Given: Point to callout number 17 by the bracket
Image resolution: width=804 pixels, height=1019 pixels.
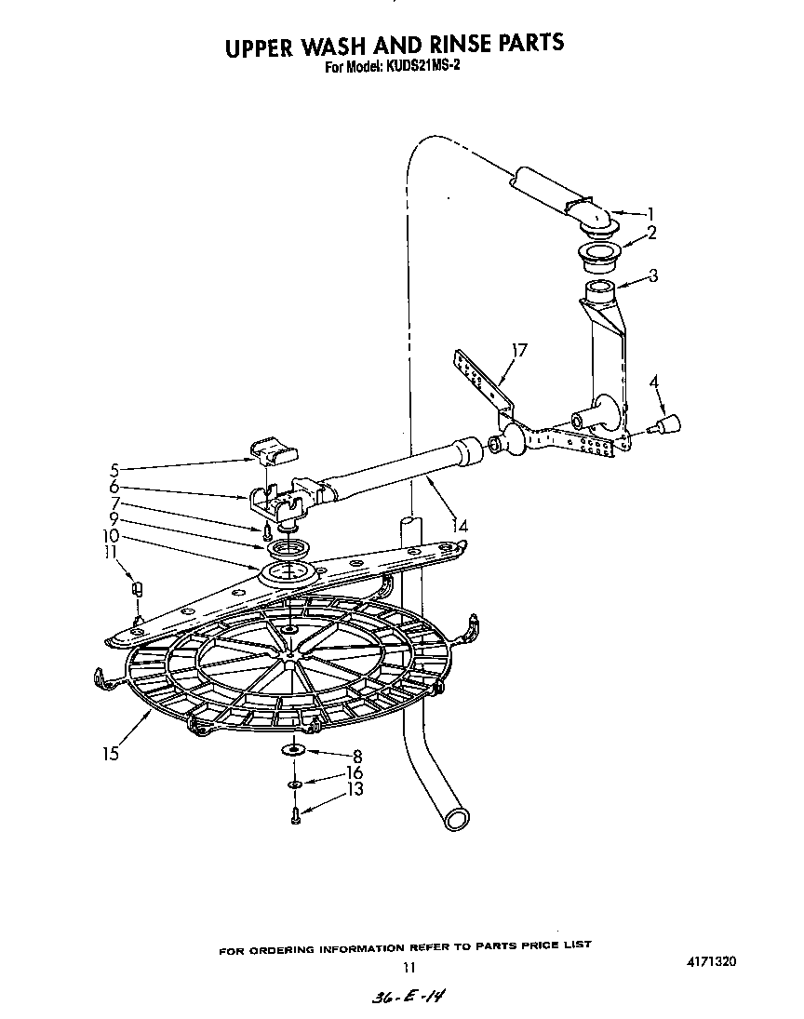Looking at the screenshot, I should (519, 351).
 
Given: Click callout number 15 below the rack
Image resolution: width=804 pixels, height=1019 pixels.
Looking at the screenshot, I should (111, 754).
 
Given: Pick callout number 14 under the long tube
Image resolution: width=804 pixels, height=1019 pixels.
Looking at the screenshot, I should (458, 526).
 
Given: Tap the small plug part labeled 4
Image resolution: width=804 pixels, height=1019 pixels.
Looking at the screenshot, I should (666, 425).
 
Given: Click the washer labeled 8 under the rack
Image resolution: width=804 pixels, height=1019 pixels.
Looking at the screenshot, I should (293, 750).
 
